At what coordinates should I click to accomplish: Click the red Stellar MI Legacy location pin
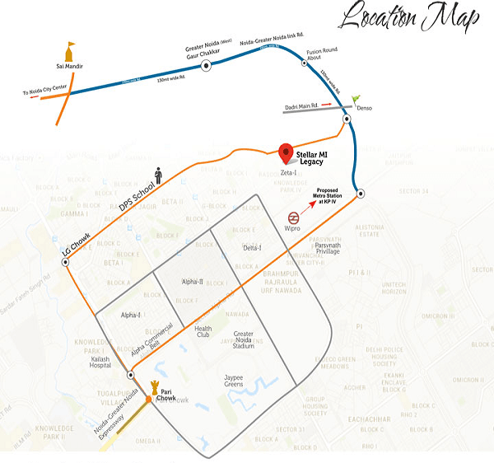(286, 153)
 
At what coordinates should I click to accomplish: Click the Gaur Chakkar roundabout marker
(205, 64)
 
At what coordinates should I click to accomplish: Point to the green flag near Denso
(356, 100)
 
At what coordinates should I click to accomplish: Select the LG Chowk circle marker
(65, 262)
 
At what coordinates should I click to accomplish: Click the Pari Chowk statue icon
(154, 386)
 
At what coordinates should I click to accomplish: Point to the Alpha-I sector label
(132, 315)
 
